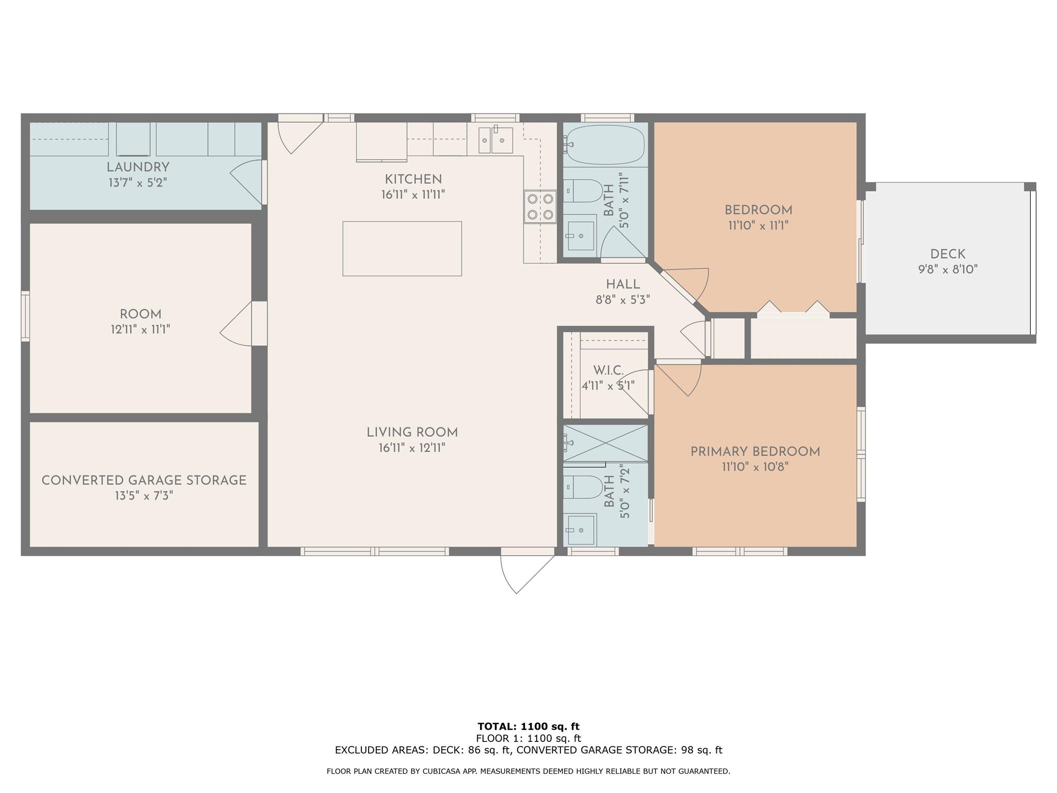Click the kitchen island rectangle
pyautogui.click(x=402, y=248)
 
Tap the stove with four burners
pyautogui.click(x=540, y=207)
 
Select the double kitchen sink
pyautogui.click(x=495, y=139)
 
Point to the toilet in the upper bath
pyautogui.click(x=583, y=191)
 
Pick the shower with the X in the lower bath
pyautogui.click(x=605, y=443)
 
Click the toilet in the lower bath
pyautogui.click(x=583, y=487)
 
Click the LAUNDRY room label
pyautogui.click(x=138, y=167)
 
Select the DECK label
pyautogui.click(x=948, y=254)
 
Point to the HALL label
pyautogui.click(x=623, y=284)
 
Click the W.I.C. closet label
pyautogui.click(x=608, y=370)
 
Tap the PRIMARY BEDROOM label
pyautogui.click(x=755, y=452)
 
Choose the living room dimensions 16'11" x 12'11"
pyautogui.click(x=412, y=448)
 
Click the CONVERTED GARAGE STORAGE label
pyautogui.click(x=144, y=480)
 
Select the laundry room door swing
pyautogui.click(x=247, y=182)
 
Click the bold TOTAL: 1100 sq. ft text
pyautogui.click(x=528, y=726)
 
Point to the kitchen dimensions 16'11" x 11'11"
pyautogui.click(x=413, y=195)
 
